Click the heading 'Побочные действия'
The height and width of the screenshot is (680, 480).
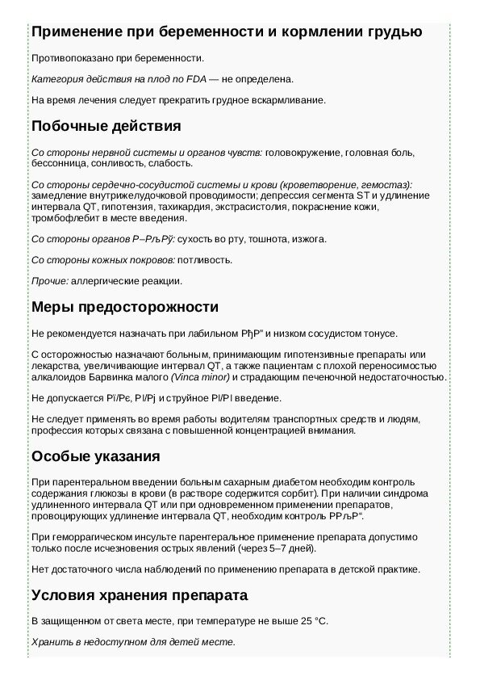tap(106, 127)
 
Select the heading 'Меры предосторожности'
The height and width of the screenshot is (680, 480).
tap(125, 308)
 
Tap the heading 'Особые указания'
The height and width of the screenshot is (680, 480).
tap(95, 456)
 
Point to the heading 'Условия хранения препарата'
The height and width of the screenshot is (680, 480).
tap(139, 595)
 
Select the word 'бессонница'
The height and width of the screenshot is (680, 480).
tap(56, 162)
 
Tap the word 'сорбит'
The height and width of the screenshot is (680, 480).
tap(295, 493)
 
